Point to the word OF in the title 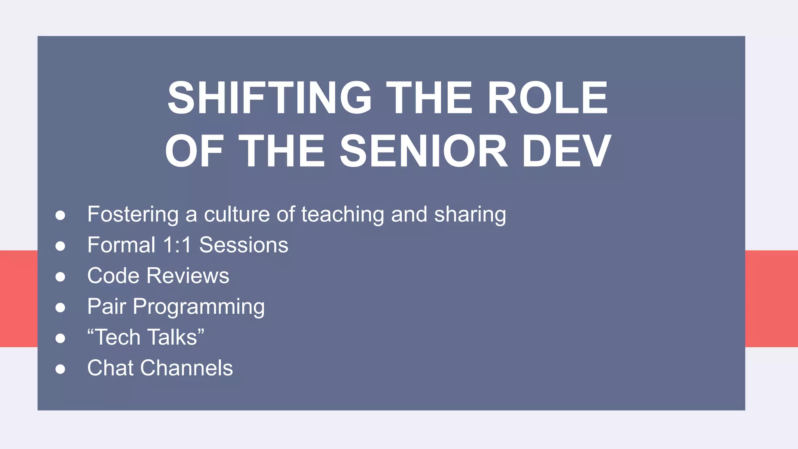pyautogui.click(x=194, y=151)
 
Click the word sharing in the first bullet pyautogui.click(x=470, y=215)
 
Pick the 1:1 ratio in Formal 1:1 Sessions pyautogui.click(x=177, y=245)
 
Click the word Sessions pyautogui.click(x=244, y=245)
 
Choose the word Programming pyautogui.click(x=199, y=307)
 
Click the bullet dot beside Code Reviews pyautogui.click(x=60, y=277)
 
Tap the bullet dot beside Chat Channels pyautogui.click(x=60, y=369)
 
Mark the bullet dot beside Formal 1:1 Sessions pyautogui.click(x=60, y=246)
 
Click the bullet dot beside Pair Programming pyautogui.click(x=60, y=308)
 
